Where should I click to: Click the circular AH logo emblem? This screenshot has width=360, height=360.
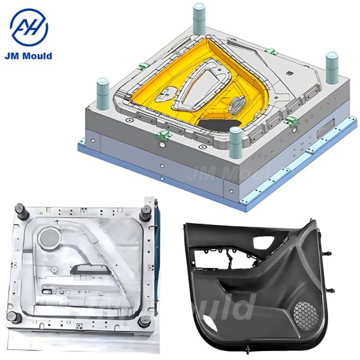[29, 27]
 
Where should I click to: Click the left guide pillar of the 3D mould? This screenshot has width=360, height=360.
[103, 94]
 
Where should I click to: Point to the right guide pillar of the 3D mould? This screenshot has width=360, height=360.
[332, 68]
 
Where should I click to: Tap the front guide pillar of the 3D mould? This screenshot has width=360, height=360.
[236, 142]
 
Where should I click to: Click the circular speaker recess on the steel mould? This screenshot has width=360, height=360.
[49, 237]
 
